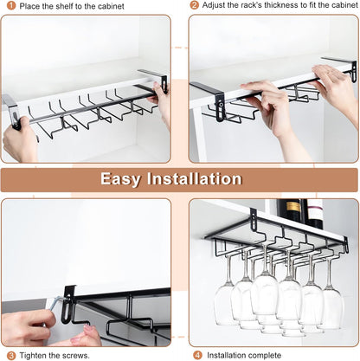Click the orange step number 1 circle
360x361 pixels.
click(8, 6)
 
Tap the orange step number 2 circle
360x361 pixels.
click(195, 6)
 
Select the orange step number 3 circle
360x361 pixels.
click(8, 354)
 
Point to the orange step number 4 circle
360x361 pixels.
click(197, 354)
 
